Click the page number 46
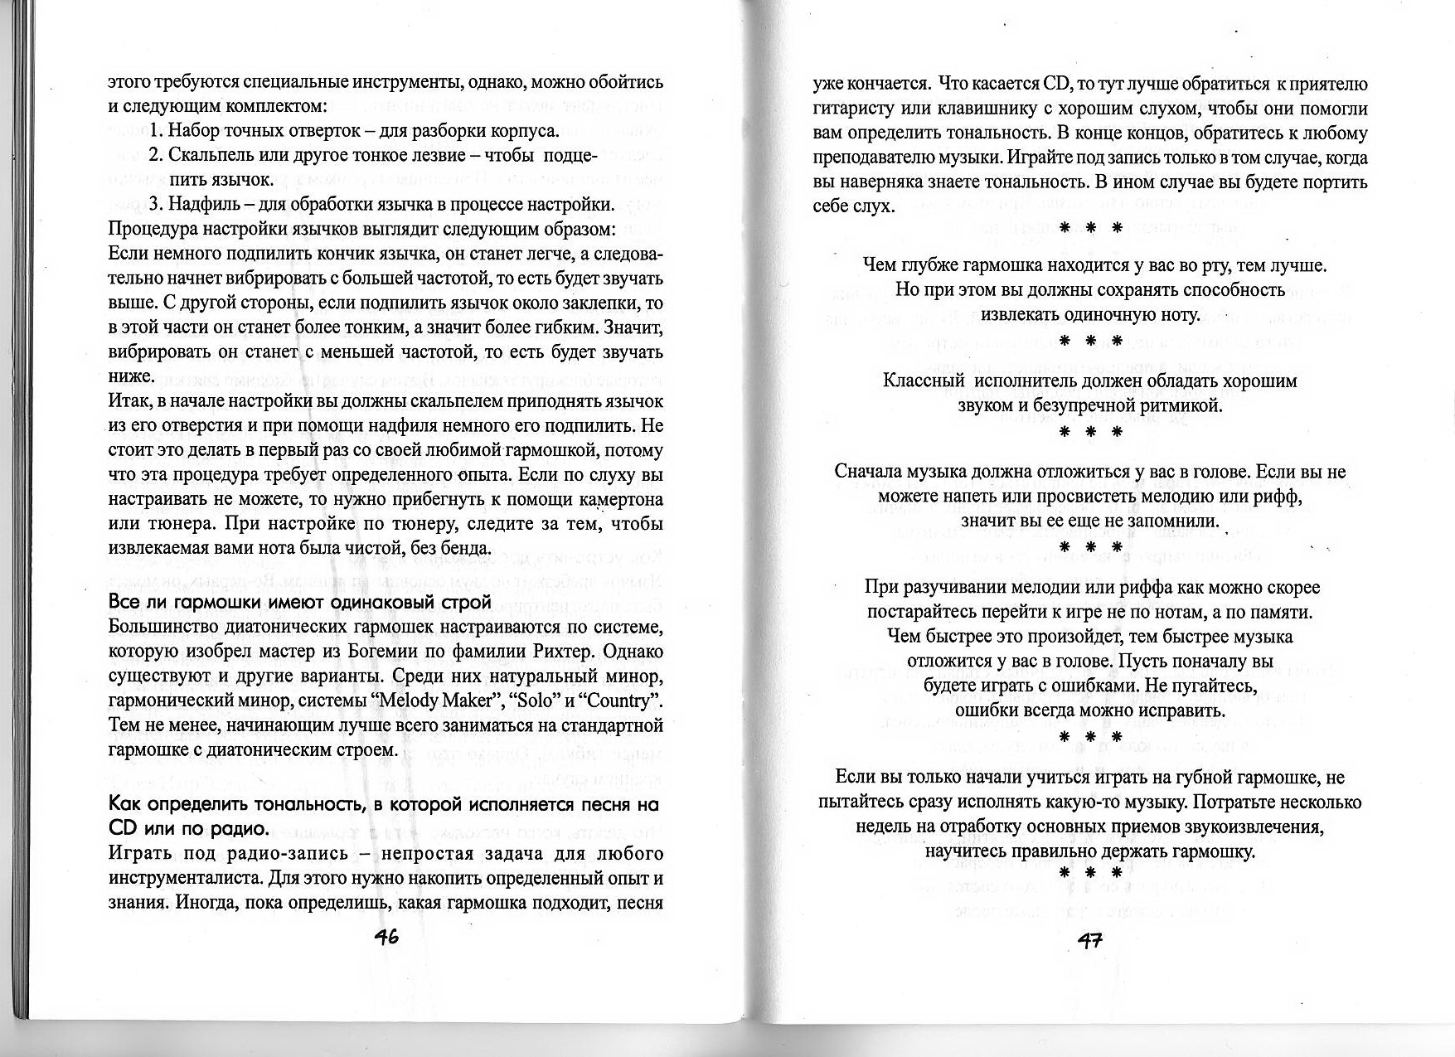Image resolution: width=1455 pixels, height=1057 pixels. click(386, 937)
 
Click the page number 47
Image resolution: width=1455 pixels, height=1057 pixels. click(1089, 940)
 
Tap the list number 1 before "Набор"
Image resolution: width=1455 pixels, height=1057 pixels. click(154, 131)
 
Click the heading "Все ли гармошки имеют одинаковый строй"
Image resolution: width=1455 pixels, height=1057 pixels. click(300, 602)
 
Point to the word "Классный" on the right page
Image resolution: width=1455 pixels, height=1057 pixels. click(924, 381)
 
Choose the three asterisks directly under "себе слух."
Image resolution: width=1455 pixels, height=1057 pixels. click(1090, 227)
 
